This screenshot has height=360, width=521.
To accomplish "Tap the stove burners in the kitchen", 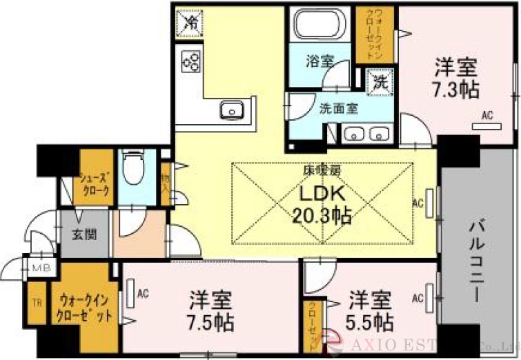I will point(191,62).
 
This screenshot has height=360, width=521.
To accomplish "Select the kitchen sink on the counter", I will point(230,110).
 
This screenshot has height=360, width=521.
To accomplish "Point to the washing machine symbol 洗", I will point(380,82).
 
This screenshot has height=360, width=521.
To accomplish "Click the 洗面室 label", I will point(338,108).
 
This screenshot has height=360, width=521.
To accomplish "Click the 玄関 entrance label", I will point(83,233).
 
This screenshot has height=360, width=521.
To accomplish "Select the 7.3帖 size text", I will point(456,89).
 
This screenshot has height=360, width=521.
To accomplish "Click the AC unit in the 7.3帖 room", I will point(486,126).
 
